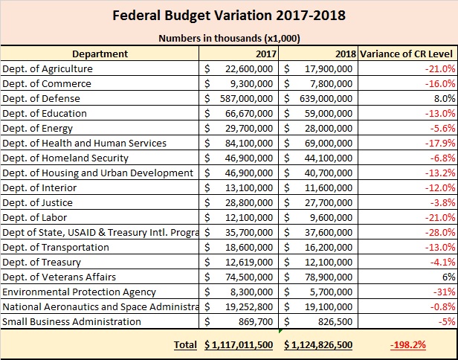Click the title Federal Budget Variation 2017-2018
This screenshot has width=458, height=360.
pos(229,16)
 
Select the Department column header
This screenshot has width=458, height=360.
pos(100,54)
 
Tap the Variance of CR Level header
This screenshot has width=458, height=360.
pos(407,54)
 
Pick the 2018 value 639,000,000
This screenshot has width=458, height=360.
pos(321,98)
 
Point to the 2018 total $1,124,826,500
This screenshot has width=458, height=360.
pos(320,344)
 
